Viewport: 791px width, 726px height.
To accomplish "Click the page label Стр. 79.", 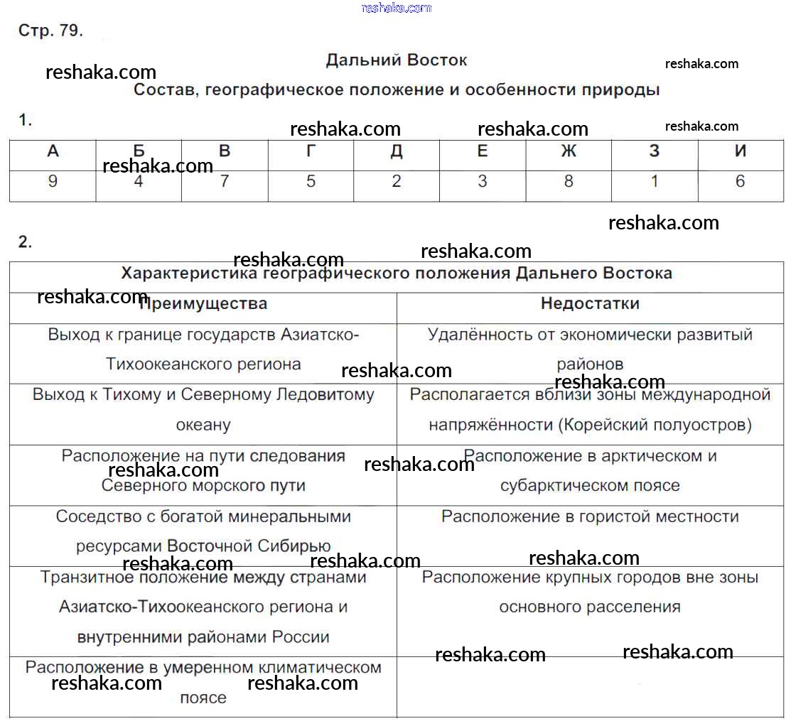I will click(x=50, y=31).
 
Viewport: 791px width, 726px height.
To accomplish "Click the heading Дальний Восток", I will click(x=396, y=60).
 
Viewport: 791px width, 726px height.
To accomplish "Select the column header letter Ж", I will click(x=568, y=151).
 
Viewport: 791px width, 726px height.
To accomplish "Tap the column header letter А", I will click(x=53, y=151).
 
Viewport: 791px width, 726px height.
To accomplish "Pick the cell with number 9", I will click(x=53, y=182).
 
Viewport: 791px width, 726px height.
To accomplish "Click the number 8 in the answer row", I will click(x=568, y=182).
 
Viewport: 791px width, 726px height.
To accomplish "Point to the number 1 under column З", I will click(x=654, y=182).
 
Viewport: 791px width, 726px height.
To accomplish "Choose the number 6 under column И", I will click(x=740, y=182).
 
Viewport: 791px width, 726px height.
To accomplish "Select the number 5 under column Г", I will click(x=311, y=182).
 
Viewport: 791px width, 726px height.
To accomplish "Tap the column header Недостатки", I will click(x=590, y=304).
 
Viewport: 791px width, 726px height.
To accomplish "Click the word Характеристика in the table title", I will click(x=190, y=273).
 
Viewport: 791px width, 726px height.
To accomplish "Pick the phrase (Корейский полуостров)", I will click(x=655, y=425).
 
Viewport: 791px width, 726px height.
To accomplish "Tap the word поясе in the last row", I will click(x=203, y=698).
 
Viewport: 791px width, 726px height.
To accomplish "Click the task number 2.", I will click(x=25, y=242).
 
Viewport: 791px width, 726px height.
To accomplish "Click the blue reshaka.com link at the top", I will click(x=396, y=8).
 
